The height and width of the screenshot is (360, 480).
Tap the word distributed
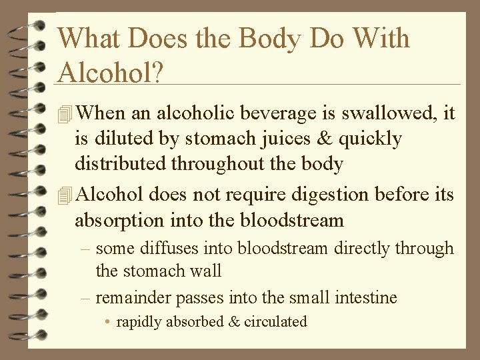(121, 163)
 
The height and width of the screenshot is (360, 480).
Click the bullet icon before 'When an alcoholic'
(65, 114)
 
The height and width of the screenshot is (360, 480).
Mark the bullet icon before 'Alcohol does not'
(65, 195)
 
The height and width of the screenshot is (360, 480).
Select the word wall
(206, 271)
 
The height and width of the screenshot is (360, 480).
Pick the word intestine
(365, 297)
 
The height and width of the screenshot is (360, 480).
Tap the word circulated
(275, 321)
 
